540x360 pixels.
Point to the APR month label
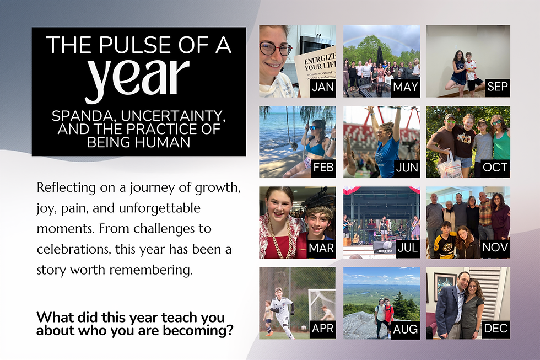322,329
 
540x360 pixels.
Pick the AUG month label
406,329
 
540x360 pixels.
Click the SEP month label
497,87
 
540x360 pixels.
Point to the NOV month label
495,248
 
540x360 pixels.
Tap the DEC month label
495,329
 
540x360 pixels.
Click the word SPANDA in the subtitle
83,117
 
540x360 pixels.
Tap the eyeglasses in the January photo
276,49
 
